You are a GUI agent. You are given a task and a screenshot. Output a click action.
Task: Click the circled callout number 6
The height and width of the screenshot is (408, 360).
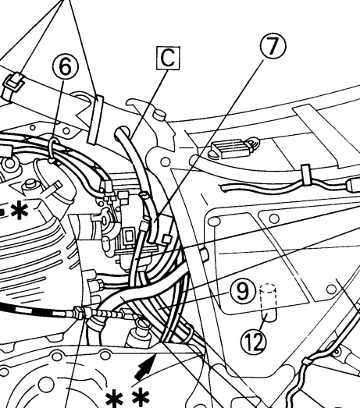[65, 66]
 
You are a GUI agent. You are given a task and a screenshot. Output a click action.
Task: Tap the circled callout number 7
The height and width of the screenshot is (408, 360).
[273, 46]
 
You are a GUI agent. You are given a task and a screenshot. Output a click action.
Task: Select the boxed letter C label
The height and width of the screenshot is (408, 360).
[168, 58]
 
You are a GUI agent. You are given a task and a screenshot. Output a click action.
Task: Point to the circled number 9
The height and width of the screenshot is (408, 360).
[242, 292]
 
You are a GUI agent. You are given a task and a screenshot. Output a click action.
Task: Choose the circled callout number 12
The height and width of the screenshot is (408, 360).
[254, 342]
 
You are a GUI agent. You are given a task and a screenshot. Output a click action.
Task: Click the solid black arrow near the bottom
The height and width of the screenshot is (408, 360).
[145, 367]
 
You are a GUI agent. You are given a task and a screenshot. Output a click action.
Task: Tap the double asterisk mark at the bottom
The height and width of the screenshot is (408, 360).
[127, 398]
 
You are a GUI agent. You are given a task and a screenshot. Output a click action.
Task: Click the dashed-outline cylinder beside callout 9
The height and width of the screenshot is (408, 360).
[269, 303]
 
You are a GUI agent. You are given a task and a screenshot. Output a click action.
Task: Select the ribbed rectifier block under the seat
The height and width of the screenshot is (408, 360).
[234, 148]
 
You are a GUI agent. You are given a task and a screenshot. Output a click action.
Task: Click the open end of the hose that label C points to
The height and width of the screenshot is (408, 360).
[121, 131]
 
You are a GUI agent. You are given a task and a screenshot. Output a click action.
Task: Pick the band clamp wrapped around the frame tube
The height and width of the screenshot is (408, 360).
[95, 119]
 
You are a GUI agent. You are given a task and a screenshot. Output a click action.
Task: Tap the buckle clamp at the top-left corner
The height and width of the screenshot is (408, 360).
[13, 83]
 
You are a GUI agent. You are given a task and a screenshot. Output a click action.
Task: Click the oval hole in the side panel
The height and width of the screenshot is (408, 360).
[216, 222]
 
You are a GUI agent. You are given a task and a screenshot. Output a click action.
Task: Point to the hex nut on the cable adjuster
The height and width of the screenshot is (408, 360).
[79, 311]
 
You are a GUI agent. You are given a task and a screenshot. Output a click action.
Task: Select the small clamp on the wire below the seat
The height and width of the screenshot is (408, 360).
[305, 174]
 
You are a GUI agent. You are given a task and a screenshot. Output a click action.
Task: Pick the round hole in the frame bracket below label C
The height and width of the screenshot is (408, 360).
[166, 162]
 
